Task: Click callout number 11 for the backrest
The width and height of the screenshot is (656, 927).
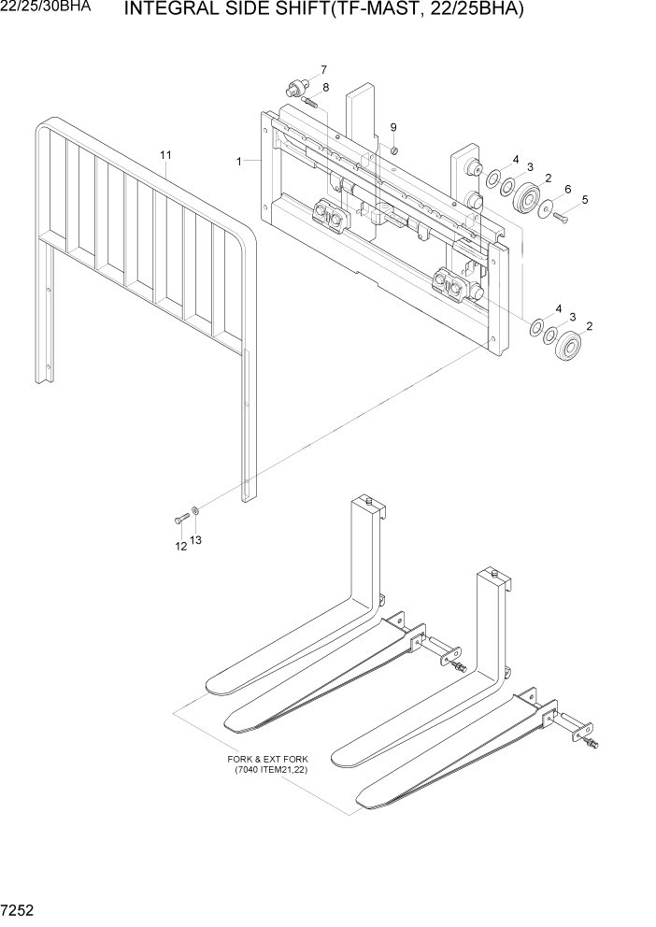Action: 165,154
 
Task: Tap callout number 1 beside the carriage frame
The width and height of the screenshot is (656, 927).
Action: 240,162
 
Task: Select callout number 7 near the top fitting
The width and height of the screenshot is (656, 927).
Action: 323,70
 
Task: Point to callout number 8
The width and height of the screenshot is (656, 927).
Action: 325,88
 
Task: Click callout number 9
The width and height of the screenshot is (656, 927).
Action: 393,127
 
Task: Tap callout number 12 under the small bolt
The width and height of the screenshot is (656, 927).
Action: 180,548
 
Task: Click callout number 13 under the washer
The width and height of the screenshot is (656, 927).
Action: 195,540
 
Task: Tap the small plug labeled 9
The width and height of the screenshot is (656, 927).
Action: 394,150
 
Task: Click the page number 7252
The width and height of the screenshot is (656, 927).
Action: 21,909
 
